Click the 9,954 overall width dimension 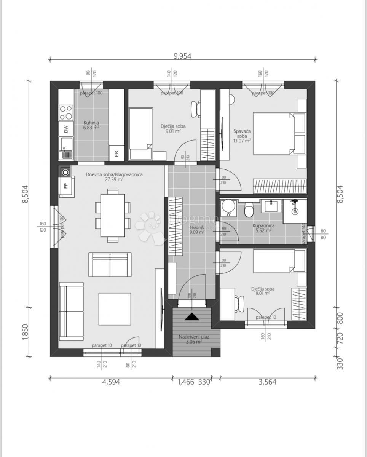click(x=182, y=56)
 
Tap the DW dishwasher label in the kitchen click(x=66, y=129)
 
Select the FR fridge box click(x=116, y=153)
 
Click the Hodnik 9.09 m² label click(x=197, y=229)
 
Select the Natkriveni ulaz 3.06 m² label click(x=194, y=339)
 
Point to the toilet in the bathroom click(x=249, y=209)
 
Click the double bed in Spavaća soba click(x=274, y=133)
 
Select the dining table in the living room click(x=113, y=215)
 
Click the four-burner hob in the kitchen click(x=66, y=112)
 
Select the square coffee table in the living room click(x=115, y=309)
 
